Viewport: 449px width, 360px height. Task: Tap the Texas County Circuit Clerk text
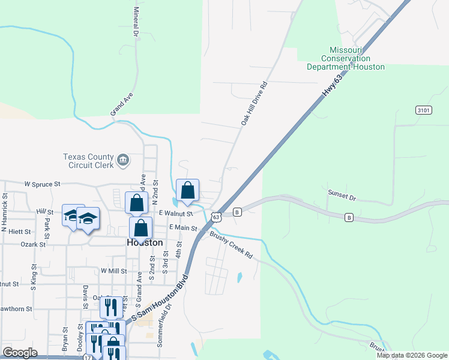(x=88, y=161)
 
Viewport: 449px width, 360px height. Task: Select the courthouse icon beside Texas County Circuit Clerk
(x=122, y=159)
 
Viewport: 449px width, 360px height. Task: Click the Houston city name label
(x=145, y=243)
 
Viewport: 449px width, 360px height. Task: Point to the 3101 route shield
(x=423, y=110)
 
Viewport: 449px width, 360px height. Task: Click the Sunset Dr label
(x=342, y=195)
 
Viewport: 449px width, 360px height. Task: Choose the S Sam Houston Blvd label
(x=159, y=301)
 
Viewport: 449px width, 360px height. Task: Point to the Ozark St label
(x=34, y=244)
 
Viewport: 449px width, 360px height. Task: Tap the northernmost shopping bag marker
(x=187, y=190)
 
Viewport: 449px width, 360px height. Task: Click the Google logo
(x=20, y=353)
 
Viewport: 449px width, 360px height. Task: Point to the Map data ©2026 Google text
(x=412, y=355)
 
